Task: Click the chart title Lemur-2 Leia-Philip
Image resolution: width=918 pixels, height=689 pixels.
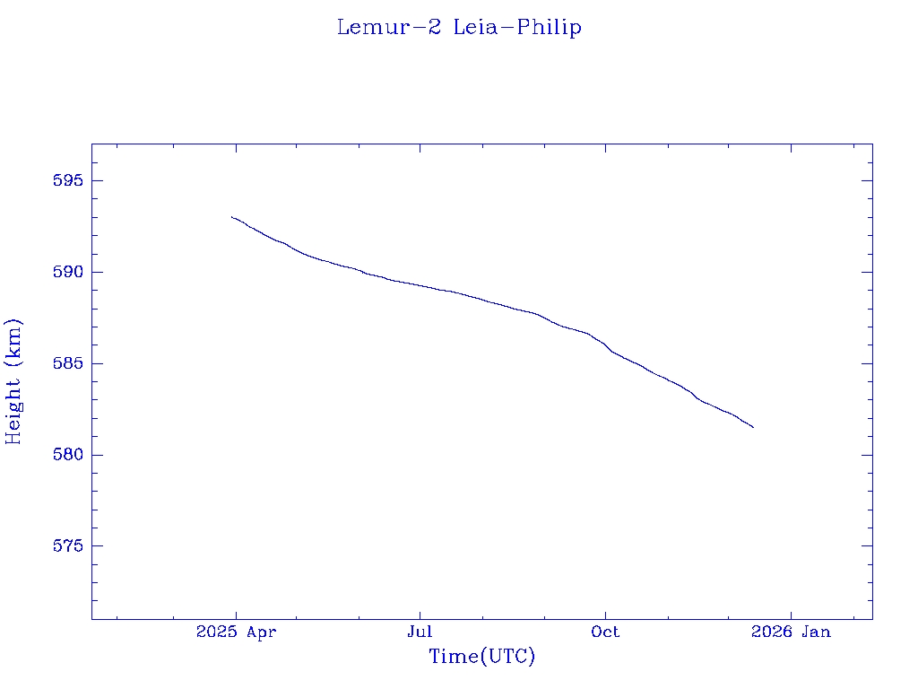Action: point(459,28)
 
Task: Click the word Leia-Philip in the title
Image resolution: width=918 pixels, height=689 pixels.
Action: point(517,28)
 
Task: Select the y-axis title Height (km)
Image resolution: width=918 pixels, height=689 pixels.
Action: point(13,381)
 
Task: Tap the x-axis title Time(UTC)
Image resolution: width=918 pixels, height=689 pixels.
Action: point(481,657)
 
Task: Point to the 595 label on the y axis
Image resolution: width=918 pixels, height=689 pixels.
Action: point(67,181)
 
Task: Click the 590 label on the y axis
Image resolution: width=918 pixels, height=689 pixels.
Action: point(67,273)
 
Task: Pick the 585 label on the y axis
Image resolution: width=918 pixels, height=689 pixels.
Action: point(67,364)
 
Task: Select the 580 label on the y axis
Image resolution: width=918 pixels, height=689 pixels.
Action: point(67,456)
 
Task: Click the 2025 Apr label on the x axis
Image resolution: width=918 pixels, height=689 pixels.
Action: point(236,632)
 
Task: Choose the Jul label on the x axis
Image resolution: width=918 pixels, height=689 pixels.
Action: point(420,632)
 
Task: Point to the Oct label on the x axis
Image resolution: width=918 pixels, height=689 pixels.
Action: point(605,632)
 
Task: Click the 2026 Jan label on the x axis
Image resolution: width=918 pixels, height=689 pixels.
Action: point(791,632)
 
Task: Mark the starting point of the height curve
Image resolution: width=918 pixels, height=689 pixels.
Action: point(231,217)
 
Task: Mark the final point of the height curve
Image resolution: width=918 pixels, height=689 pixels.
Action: point(753,427)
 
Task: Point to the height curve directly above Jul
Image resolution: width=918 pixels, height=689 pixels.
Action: point(420,285)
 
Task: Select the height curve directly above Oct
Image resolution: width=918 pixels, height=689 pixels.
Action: point(605,345)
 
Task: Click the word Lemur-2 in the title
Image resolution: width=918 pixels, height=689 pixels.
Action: point(388,28)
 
